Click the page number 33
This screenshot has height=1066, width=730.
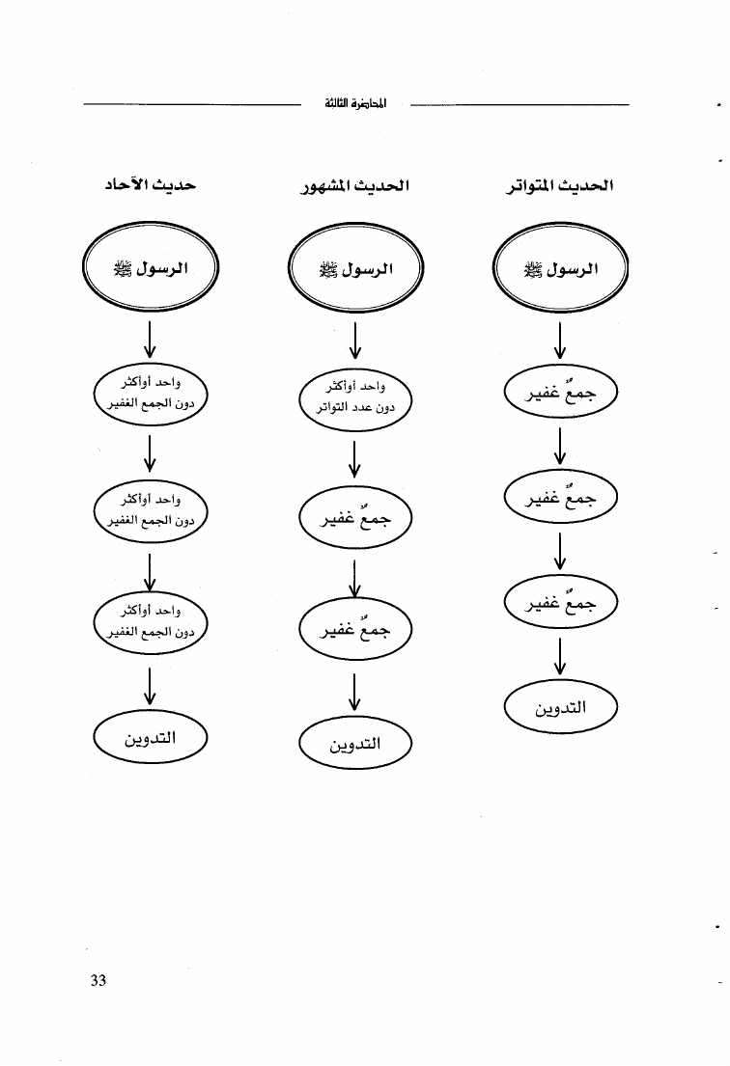coord(98,980)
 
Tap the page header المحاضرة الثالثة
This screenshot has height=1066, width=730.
coord(355,103)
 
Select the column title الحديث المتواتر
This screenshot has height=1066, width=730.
coord(559,185)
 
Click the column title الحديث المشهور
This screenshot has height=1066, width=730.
coord(355,185)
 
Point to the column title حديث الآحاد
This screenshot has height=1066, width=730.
coord(150,184)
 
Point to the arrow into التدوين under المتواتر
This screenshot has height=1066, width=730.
coord(560,655)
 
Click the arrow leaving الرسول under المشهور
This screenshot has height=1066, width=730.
coord(355,340)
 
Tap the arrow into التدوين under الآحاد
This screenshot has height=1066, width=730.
coord(150,686)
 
